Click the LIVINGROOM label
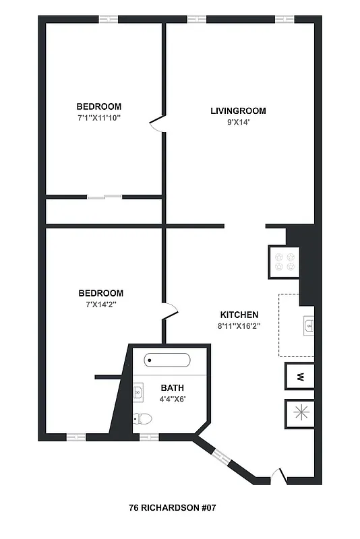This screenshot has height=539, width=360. (238, 111)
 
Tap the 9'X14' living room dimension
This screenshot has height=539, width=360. (238, 122)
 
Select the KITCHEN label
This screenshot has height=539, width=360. (239, 315)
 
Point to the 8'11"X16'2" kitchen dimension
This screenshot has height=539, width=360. (239, 325)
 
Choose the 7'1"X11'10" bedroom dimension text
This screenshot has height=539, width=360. (98, 118)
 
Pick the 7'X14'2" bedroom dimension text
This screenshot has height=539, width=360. (100, 305)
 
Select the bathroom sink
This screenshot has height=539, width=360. (139, 391)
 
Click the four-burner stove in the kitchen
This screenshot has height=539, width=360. (282, 261)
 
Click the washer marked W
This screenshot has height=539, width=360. (299, 376)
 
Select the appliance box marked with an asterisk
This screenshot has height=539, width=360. (299, 412)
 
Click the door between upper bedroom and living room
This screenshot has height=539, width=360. (157, 124)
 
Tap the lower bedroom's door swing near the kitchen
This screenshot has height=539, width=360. (171, 311)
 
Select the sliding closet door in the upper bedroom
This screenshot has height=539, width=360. (104, 197)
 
